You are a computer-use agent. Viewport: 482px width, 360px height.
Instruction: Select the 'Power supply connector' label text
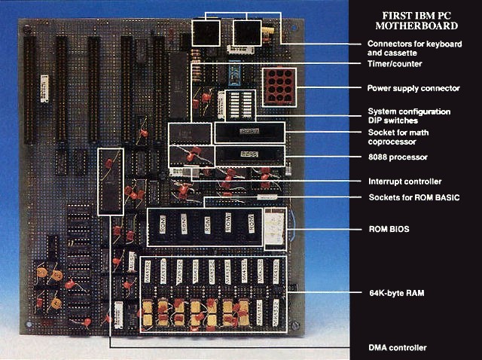point(413,88)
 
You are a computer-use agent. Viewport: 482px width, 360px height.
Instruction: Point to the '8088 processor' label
point(397,157)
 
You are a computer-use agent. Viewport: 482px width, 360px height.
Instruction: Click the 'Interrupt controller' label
point(404,182)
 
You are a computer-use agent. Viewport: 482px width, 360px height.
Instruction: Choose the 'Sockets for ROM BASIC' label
point(413,198)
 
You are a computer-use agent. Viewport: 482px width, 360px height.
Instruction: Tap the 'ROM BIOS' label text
point(389,229)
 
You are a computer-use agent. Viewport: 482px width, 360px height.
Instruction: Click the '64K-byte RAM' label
point(395,292)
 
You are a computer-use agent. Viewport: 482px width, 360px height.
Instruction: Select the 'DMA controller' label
point(397,347)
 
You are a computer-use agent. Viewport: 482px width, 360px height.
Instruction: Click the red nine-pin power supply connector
point(276,87)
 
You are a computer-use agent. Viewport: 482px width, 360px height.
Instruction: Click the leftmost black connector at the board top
point(206,33)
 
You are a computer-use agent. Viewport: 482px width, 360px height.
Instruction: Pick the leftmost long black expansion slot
point(30,91)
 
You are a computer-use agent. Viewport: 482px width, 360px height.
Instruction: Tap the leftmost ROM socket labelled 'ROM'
point(160,225)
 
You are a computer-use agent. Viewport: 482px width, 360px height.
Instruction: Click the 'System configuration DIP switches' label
point(409,116)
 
